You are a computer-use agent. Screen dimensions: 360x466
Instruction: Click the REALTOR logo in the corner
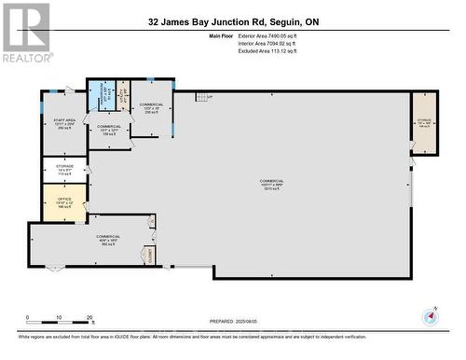[25, 32]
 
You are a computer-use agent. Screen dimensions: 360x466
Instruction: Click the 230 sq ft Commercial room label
[151, 107]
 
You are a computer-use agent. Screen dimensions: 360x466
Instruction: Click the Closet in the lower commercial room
[147, 254]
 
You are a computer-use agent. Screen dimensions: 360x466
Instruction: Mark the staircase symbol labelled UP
[203, 96]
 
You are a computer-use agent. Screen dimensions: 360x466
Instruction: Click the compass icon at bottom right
[431, 315]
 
